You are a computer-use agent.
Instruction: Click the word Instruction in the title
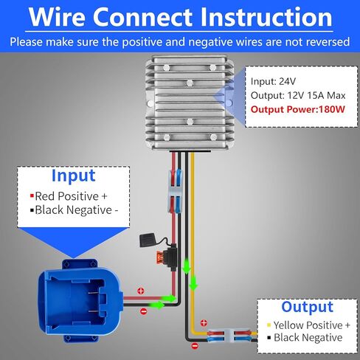[266, 17]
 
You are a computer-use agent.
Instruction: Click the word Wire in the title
[57, 17]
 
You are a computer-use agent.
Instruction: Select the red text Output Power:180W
[298, 109]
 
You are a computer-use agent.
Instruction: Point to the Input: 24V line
[273, 81]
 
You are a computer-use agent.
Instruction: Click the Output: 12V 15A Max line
[298, 95]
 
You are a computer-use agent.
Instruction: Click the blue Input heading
[73, 176]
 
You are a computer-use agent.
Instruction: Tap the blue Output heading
[307, 307]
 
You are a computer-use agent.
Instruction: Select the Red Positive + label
[69, 196]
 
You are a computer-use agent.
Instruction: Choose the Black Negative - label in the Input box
[75, 210]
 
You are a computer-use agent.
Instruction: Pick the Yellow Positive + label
[308, 325]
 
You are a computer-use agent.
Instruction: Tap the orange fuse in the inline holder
[160, 257]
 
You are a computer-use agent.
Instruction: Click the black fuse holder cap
[148, 240]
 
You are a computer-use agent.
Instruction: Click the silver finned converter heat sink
[190, 103]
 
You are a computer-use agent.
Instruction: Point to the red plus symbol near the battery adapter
[141, 291]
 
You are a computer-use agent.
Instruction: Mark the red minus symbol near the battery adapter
[144, 311]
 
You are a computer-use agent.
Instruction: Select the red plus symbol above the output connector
[204, 323]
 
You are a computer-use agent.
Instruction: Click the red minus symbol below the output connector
[195, 346]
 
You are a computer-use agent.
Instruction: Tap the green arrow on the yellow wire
[193, 283]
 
